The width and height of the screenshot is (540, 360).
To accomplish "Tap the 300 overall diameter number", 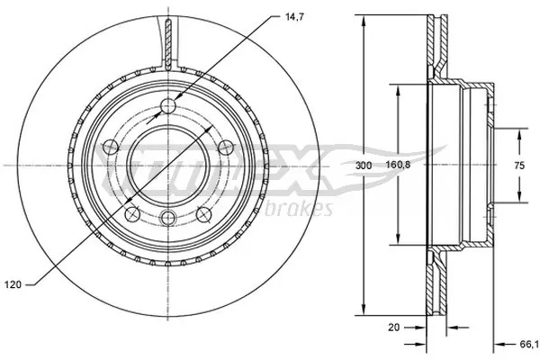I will (363, 166).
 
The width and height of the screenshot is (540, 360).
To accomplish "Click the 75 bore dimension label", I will (519, 166).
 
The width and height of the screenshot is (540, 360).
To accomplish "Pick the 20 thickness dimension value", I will (393, 328).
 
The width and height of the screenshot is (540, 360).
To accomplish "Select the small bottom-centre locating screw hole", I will (168, 216).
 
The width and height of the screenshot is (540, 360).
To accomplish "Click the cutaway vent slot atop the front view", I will (168, 40).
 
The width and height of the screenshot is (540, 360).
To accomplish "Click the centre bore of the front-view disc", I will (168, 165).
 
